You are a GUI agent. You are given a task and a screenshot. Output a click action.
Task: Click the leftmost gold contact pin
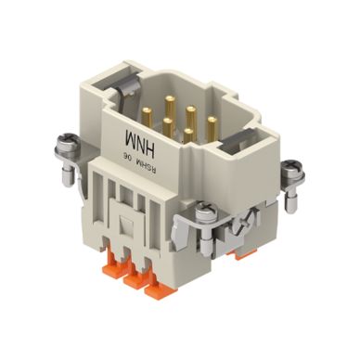147,118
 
